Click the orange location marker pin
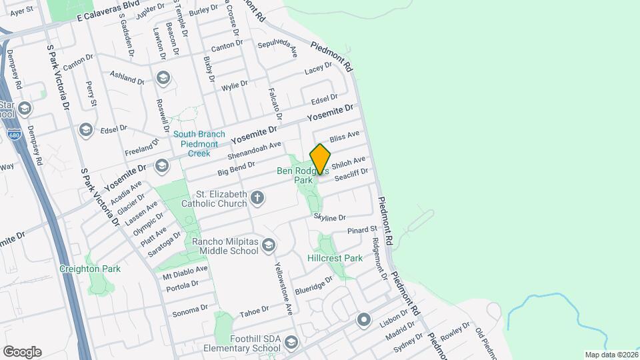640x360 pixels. point(321,159)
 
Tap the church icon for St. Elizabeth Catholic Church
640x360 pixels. point(257,197)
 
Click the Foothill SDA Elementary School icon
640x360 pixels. point(291,343)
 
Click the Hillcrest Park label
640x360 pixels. point(335,258)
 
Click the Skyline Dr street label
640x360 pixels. point(330,217)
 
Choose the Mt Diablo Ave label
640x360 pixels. point(186,272)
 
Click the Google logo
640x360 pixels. point(22,351)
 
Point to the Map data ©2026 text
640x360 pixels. point(611,354)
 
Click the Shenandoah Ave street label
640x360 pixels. point(254,152)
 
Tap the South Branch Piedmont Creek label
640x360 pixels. point(199,143)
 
